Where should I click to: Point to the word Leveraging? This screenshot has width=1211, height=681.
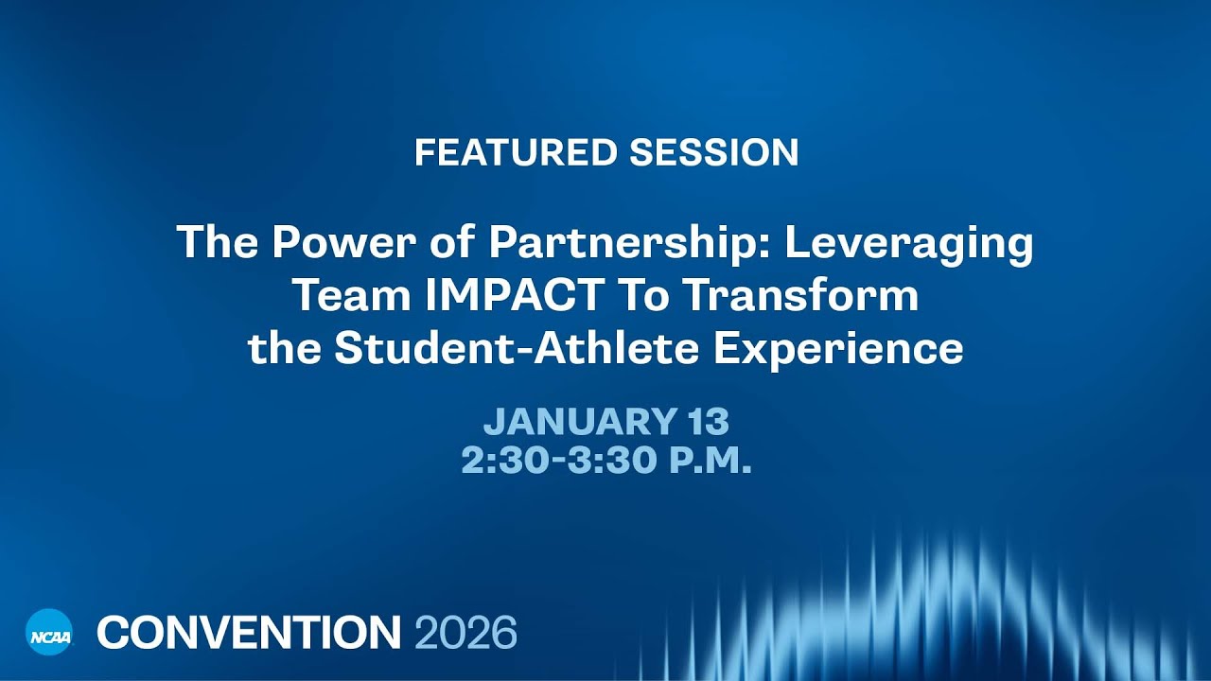tap(909, 244)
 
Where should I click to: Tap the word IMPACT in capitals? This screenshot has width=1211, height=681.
tap(513, 296)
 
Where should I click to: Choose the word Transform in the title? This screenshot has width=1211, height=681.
tap(802, 296)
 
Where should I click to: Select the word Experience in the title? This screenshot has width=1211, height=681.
tap(838, 348)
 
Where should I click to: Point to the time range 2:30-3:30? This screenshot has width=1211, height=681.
tap(564, 461)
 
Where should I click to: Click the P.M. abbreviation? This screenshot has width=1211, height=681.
tap(712, 461)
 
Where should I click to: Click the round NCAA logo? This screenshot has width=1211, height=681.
tap(49, 632)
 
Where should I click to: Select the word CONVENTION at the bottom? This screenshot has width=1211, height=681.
tap(249, 632)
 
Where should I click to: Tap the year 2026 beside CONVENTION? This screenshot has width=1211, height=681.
tap(466, 632)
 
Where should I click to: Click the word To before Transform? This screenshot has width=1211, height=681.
tap(643, 296)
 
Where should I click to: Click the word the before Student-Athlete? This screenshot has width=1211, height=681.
tap(285, 348)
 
